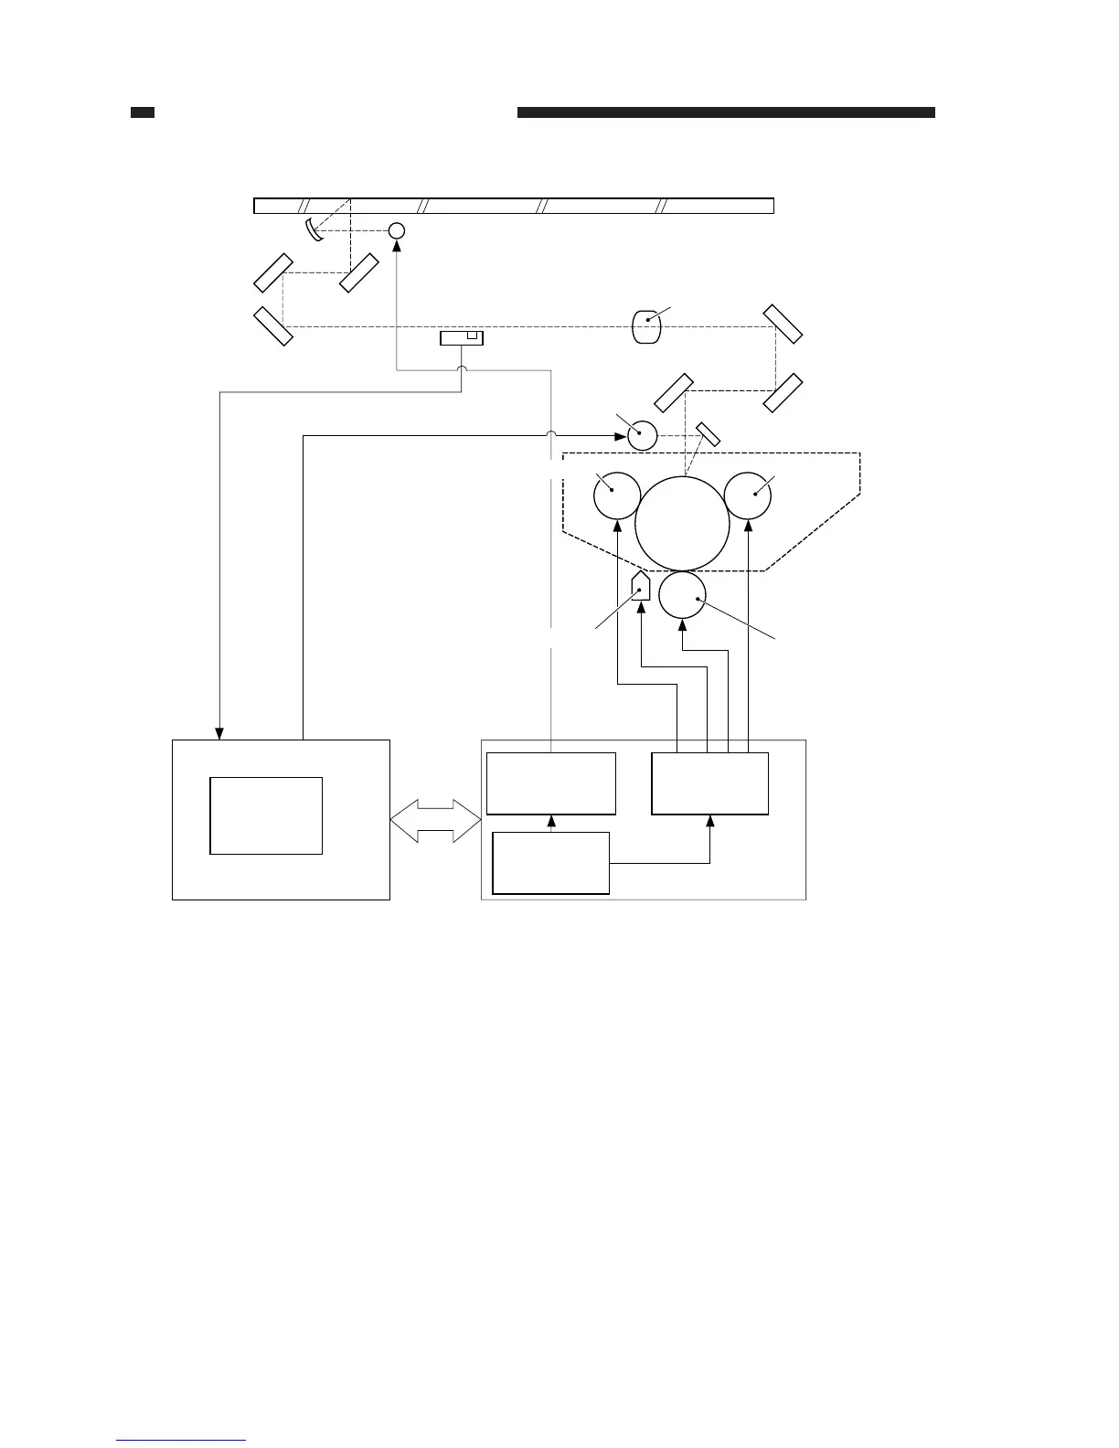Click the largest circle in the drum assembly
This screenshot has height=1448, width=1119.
click(x=682, y=524)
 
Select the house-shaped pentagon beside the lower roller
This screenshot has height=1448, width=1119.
click(x=641, y=585)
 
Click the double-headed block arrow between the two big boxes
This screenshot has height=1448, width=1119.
click(x=435, y=820)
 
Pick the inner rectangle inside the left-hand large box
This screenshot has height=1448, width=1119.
click(x=266, y=815)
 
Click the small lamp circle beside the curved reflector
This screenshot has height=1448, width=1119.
click(x=397, y=230)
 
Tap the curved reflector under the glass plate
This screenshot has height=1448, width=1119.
click(x=314, y=229)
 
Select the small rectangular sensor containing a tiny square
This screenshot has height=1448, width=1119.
click(x=461, y=338)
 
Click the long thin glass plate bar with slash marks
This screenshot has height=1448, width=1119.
click(x=514, y=205)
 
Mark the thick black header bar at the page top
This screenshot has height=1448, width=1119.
click(x=726, y=112)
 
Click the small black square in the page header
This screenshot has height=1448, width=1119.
click(x=142, y=112)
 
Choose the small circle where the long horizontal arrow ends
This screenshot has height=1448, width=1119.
click(x=643, y=435)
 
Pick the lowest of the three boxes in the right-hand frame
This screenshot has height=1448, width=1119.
click(x=550, y=863)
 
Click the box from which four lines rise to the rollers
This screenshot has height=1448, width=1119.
click(x=709, y=783)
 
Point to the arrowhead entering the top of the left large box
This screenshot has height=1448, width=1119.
click(x=219, y=733)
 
